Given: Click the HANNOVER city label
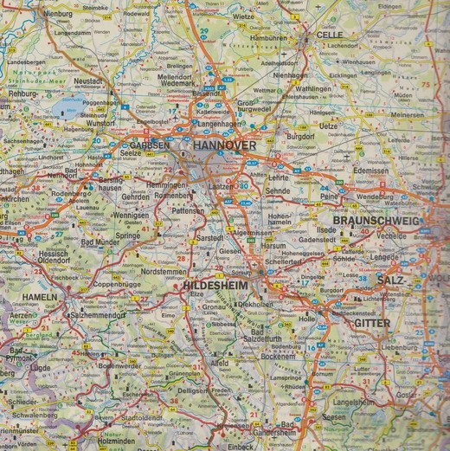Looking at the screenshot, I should tap(224, 145).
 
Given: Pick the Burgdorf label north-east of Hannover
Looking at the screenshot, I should tap(301, 137).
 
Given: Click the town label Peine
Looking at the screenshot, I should tap(329, 197).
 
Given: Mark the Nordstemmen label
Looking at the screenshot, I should tap(163, 270).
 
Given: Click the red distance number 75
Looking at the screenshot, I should tap(425, 84).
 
